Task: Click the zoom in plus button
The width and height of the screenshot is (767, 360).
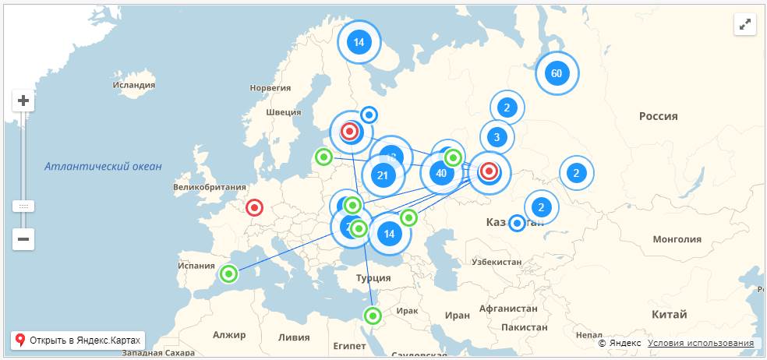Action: (x=23, y=101)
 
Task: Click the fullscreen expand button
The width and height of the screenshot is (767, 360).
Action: (x=746, y=24)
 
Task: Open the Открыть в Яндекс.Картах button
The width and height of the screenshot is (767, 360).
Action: (x=78, y=341)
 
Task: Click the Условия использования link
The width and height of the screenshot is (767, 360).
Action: (x=700, y=343)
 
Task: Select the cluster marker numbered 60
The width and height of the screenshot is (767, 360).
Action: (x=556, y=74)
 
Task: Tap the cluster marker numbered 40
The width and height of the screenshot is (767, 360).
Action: (x=441, y=173)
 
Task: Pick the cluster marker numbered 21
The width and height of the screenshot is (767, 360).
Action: (x=382, y=176)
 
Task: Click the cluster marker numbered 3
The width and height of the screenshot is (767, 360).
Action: (x=497, y=139)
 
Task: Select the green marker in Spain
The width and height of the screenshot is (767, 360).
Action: (x=228, y=274)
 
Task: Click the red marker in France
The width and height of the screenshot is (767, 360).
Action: (x=254, y=208)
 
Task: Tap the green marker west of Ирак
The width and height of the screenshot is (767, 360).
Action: (x=373, y=316)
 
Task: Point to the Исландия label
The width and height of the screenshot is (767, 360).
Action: (x=134, y=85)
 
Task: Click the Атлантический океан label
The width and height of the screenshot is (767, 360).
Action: (x=103, y=166)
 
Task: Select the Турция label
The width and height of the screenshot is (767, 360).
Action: (x=373, y=278)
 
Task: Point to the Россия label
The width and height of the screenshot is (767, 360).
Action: (x=659, y=116)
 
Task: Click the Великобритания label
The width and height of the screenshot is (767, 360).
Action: (x=209, y=187)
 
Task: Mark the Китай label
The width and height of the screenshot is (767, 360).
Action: (x=670, y=315)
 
